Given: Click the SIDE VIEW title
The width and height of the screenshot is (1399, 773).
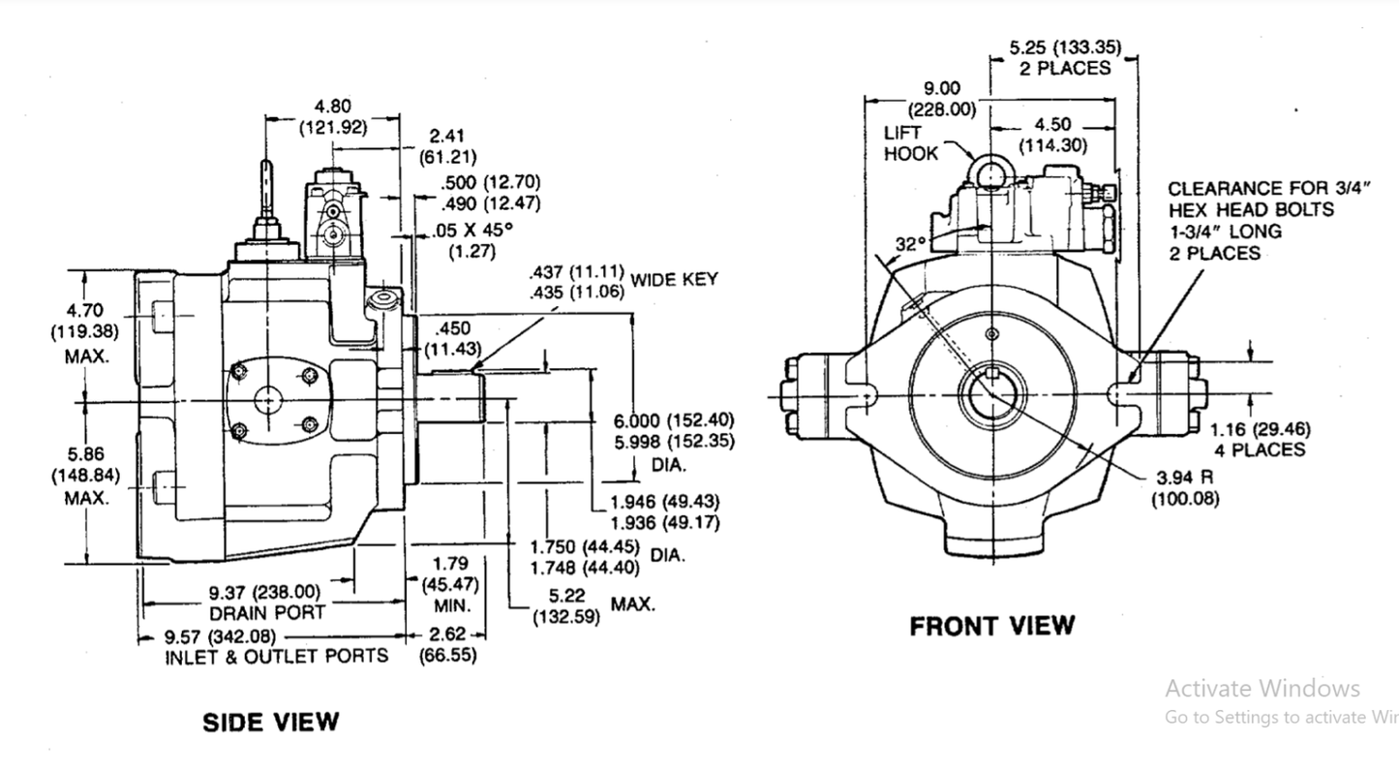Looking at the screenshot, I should click(270, 722).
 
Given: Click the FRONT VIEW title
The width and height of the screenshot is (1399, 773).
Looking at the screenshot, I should click(991, 627).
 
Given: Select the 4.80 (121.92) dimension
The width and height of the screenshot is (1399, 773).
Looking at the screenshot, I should click(333, 116).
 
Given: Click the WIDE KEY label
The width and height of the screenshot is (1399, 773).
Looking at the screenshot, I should click(674, 280).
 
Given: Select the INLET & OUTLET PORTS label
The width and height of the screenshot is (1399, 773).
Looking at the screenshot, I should click(277, 656).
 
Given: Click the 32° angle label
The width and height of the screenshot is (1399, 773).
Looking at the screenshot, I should click(910, 245).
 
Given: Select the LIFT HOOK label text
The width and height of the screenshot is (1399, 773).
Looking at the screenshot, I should click(910, 142).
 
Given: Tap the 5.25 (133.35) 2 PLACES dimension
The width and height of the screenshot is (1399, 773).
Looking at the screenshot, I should click(1059, 57).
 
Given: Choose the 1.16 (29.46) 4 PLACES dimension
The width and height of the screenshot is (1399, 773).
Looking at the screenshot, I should click(1259, 439).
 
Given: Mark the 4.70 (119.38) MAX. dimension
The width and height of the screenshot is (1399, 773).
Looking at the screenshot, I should click(86, 332).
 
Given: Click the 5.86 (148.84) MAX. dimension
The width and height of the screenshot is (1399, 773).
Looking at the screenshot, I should click(86, 475).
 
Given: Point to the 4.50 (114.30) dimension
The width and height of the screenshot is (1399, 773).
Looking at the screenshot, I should click(1052, 135).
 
